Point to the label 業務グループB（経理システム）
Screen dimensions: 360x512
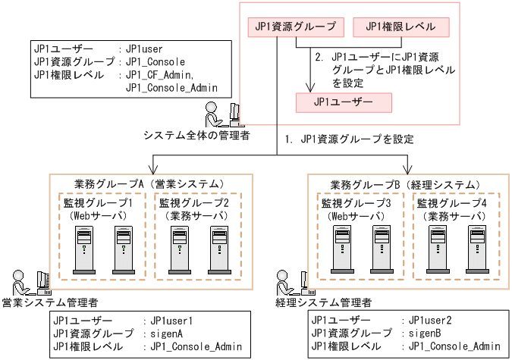pos(406,184)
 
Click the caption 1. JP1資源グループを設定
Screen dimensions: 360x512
pos(349,139)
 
